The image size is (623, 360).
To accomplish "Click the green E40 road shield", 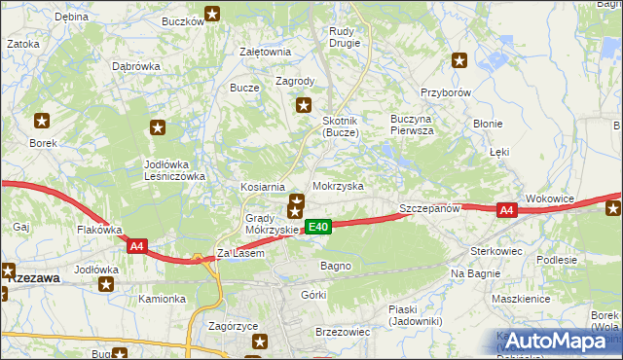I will click(319, 227).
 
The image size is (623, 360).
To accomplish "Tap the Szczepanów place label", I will click(429, 209).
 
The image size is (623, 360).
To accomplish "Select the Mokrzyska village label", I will click(338, 185).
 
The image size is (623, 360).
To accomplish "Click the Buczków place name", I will click(181, 18).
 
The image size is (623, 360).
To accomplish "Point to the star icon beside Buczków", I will click(212, 14).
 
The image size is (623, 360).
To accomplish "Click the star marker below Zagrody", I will click(304, 105).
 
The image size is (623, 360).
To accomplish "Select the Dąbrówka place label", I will click(135, 66).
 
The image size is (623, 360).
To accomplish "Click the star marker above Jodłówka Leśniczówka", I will click(158, 126).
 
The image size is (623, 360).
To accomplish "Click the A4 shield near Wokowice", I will click(505, 209).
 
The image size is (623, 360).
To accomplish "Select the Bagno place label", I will click(335, 265).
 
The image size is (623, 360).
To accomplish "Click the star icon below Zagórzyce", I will click(260, 341).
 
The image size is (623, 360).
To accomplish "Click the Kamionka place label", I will click(161, 299).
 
